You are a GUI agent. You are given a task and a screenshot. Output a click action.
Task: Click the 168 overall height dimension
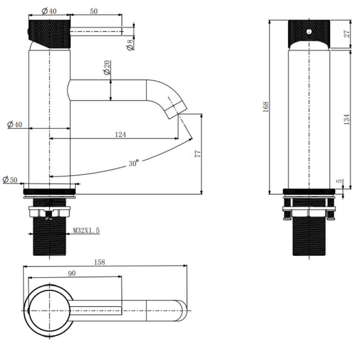(x=266, y=107)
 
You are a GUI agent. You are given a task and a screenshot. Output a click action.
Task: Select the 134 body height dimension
(x=346, y=119)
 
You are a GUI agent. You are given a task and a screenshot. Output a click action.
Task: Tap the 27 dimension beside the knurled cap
(x=347, y=34)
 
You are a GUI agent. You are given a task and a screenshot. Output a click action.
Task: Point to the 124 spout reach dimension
(x=120, y=134)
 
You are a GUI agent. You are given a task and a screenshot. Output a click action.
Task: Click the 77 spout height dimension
(x=198, y=154)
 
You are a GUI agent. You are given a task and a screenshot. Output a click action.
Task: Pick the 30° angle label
(x=134, y=163)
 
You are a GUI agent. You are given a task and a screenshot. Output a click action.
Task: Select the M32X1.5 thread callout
(x=86, y=230)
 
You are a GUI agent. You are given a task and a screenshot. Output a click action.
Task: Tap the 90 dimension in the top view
(x=72, y=273)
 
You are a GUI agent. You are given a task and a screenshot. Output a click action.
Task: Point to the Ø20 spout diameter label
(x=107, y=67)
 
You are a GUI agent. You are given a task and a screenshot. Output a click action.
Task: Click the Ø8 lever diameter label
(x=130, y=45)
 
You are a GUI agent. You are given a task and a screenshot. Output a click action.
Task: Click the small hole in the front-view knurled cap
(x=309, y=31)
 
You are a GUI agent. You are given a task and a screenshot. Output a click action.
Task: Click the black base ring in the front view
(x=309, y=192)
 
